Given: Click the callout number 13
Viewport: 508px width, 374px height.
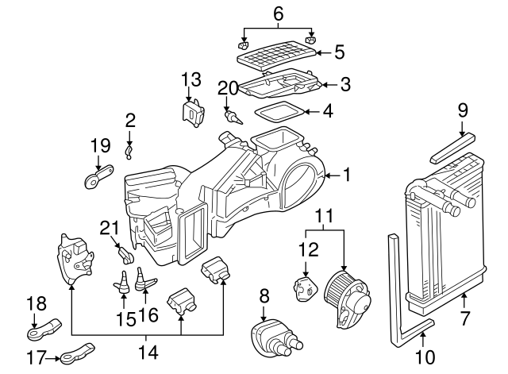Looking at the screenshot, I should (191, 79).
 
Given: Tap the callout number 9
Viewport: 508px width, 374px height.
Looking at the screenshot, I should (463, 111).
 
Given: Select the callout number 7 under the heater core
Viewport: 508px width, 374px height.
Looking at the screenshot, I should (465, 319).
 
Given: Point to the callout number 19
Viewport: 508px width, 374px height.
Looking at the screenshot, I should (99, 145).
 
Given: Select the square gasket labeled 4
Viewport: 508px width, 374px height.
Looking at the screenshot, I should (279, 113).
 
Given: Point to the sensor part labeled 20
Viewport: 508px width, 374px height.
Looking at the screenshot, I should (231, 117).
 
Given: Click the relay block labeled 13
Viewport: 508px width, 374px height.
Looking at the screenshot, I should (190, 113).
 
